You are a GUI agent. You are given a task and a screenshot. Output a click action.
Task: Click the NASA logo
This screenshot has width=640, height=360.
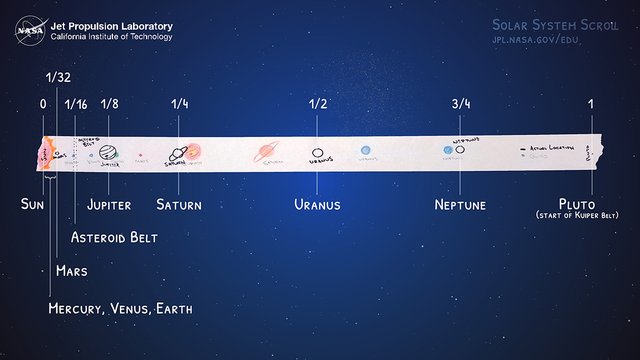click(x=29, y=31)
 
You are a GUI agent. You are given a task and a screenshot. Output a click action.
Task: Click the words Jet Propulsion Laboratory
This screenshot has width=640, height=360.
click(x=111, y=26)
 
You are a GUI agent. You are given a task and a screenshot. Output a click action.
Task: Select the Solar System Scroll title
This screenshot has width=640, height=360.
click(x=552, y=24)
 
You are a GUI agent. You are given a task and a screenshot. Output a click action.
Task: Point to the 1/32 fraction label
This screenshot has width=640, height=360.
click(x=59, y=76)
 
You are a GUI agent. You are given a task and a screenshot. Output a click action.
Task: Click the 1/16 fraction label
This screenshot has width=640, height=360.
click(x=76, y=103)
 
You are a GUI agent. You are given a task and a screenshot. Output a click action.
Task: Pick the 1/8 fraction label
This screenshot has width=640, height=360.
click(x=109, y=103)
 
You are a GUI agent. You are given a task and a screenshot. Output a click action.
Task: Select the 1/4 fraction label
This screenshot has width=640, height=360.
click(x=179, y=103)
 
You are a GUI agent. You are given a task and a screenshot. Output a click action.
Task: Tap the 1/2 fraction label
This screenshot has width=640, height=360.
click(x=318, y=103)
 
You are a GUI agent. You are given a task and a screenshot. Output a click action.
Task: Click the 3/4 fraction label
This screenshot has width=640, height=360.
click(x=460, y=103)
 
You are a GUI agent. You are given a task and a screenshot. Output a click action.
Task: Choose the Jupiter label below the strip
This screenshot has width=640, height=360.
click(x=110, y=204)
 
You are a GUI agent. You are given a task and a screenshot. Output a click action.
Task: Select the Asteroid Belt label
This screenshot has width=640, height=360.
click(x=114, y=237)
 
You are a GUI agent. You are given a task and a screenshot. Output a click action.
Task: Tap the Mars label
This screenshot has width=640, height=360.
click(x=72, y=270)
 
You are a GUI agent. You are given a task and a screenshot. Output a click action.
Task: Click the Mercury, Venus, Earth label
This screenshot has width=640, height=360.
click(x=120, y=309)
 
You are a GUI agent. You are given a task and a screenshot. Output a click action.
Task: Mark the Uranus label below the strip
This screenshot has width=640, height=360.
click(x=317, y=204)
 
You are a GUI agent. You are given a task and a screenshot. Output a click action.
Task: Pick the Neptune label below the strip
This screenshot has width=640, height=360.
click(x=460, y=204)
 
